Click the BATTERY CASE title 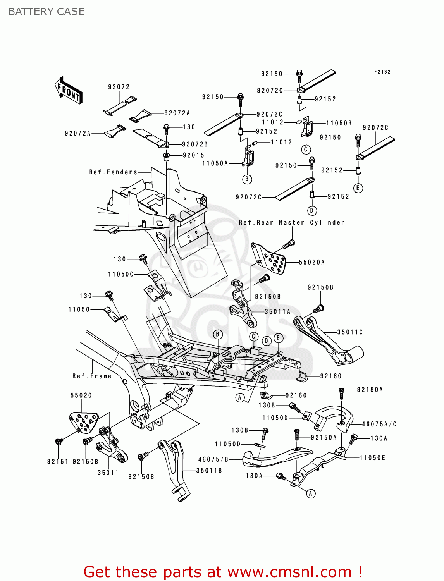[x=46, y=12]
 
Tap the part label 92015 [x=193, y=155]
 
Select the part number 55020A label [x=312, y=262]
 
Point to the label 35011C [x=350, y=332]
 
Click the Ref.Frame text [x=92, y=376]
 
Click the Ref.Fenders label [x=113, y=172]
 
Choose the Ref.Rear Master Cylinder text [x=291, y=222]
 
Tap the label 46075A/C [x=379, y=424]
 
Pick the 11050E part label [x=372, y=458]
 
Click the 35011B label [x=209, y=471]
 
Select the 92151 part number [x=58, y=461]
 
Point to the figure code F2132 [x=382, y=72]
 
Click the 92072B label [x=195, y=144]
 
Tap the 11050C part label [x=120, y=274]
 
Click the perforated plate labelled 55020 [x=84, y=421]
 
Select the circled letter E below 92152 [x=358, y=188]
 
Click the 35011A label [x=277, y=311]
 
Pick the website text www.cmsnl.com [x=289, y=572]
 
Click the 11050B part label [x=339, y=123]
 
